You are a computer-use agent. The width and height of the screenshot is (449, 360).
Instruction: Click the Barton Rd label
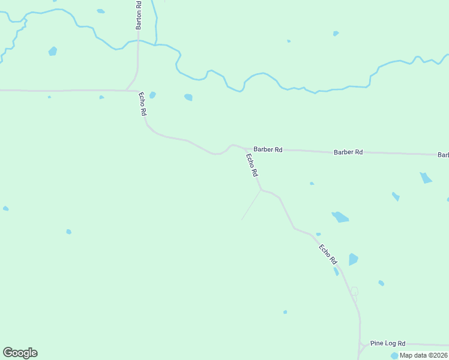coord(139,15)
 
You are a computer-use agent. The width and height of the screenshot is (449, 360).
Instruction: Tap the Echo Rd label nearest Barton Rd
coord(143,104)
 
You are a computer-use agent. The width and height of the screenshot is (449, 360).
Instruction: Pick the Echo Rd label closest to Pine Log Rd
coord(328,254)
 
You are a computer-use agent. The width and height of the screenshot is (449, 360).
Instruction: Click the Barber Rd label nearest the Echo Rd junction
coord(268,149)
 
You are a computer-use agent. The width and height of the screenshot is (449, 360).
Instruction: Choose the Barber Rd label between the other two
coord(348,152)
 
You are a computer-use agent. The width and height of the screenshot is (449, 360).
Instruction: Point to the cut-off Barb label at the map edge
coord(444,155)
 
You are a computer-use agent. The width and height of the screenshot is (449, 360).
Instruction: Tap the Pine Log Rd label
coord(388,343)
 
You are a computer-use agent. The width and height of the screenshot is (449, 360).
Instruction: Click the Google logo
coord(20,353)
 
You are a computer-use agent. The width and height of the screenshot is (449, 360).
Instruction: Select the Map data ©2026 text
coord(423,355)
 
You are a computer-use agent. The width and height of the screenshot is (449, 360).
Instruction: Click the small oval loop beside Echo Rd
coord(354,292)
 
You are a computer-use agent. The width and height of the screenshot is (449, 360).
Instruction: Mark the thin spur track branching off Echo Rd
coord(251,205)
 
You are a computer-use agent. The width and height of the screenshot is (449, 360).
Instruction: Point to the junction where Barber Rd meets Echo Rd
coord(245,148)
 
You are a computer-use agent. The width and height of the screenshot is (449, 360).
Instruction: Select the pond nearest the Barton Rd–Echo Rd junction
coord(152,95)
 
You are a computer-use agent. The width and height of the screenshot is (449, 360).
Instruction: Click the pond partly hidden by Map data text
coord(394,356)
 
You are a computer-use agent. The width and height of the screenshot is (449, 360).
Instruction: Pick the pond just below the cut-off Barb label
coord(426,178)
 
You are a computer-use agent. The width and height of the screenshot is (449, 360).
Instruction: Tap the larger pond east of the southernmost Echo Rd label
coord(353,259)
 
